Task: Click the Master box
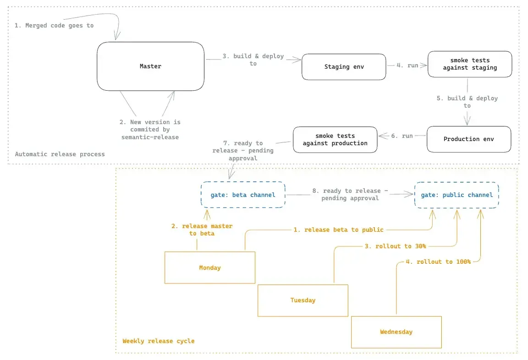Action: click(x=150, y=66)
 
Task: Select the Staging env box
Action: click(x=344, y=66)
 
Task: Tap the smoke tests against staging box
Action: click(x=470, y=64)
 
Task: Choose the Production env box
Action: click(x=469, y=139)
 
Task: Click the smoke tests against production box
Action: click(x=335, y=140)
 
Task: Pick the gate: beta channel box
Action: click(x=243, y=195)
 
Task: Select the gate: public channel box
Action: click(x=456, y=195)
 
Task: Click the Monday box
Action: click(x=210, y=267)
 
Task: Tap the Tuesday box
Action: click(x=302, y=300)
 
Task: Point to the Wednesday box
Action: click(x=396, y=332)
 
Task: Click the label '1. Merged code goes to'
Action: click(x=54, y=26)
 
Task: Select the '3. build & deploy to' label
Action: click(x=253, y=60)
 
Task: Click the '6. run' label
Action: click(x=402, y=136)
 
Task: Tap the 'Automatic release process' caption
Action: click(x=60, y=154)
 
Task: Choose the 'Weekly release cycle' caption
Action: click(x=159, y=341)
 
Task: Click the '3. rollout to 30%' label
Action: click(x=396, y=246)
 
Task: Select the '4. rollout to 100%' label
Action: click(x=438, y=262)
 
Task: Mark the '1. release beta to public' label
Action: click(x=338, y=230)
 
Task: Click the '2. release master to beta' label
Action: click(x=202, y=230)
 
